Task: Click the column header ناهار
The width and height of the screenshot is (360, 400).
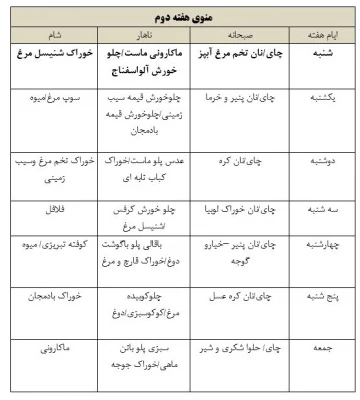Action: click(147, 32)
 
